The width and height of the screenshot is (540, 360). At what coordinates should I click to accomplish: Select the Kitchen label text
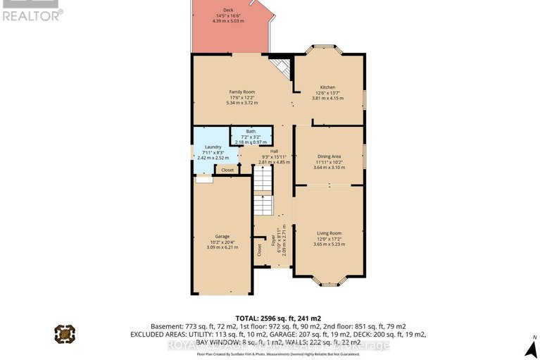click(x=327, y=87)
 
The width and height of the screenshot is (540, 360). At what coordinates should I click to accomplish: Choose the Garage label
click(x=222, y=236)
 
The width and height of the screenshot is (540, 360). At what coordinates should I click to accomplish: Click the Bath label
click(x=251, y=130)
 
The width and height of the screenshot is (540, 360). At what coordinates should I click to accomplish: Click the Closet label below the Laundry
click(x=227, y=170)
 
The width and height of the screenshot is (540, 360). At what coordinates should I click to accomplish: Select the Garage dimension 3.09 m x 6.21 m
click(x=222, y=247)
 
